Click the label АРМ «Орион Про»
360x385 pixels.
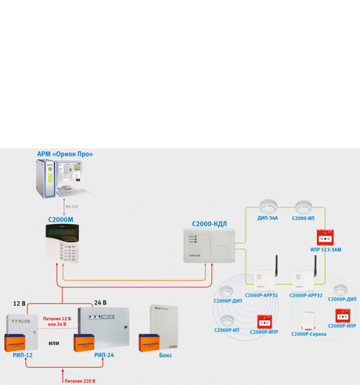65,154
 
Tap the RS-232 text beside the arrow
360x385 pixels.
72,207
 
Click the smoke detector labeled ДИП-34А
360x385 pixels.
266,206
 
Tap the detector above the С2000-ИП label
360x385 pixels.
304,206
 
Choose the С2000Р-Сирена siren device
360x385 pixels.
308,321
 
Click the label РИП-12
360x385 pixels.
22,356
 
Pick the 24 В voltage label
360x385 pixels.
101,303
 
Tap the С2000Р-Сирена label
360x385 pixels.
308,334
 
